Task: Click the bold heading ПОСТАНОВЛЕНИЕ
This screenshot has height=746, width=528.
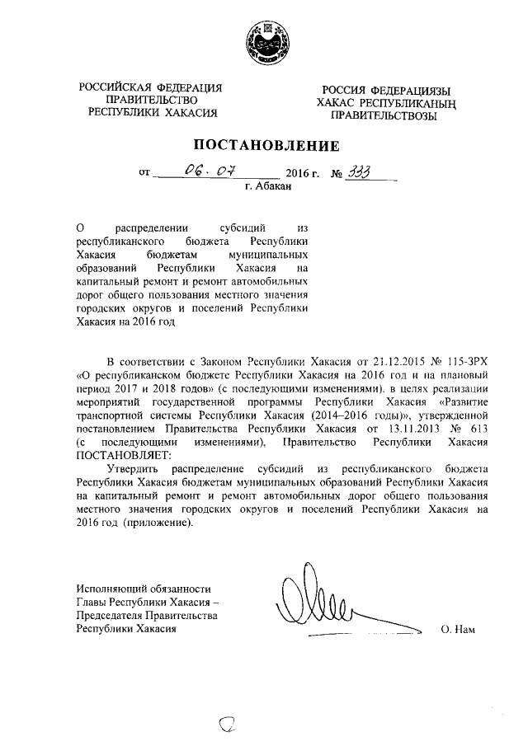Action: click(263, 147)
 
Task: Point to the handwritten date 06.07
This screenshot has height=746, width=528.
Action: click(210, 171)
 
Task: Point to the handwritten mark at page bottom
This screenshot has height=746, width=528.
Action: click(228, 725)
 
